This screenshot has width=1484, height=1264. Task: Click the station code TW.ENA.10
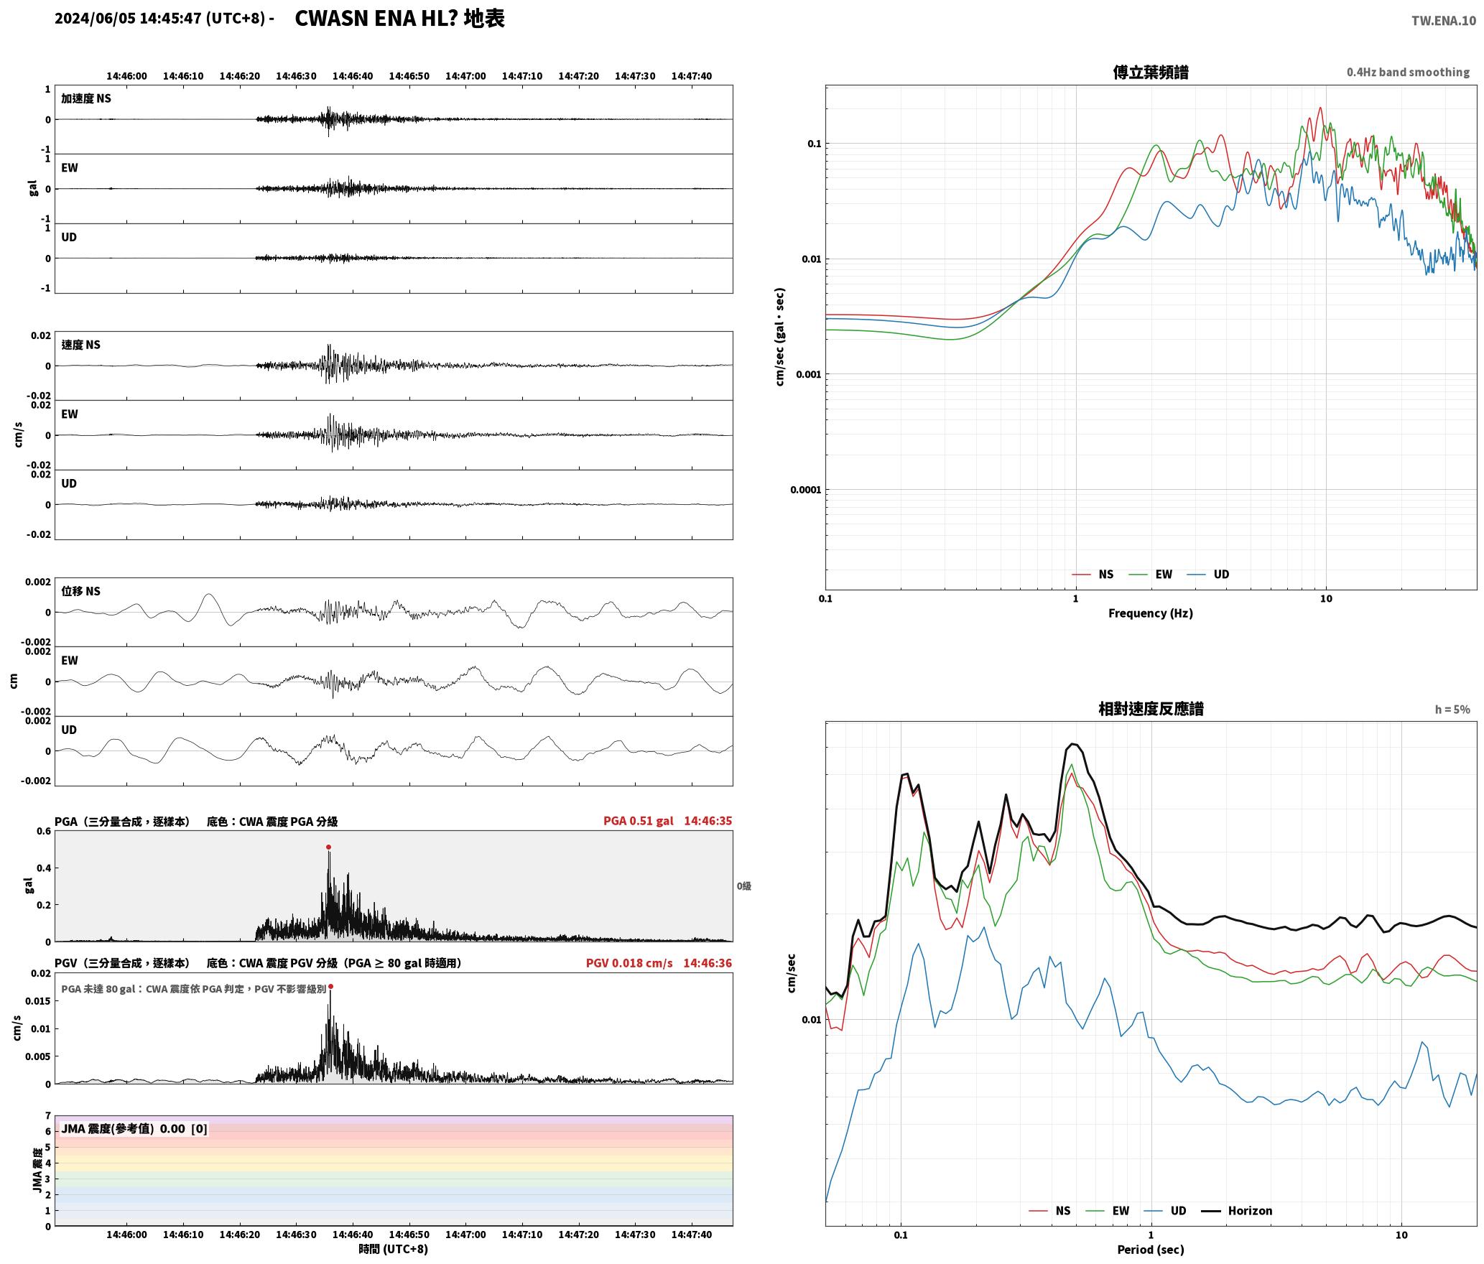click(1444, 21)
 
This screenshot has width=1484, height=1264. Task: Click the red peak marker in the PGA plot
click(328, 847)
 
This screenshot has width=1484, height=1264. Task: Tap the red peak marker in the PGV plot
click(330, 987)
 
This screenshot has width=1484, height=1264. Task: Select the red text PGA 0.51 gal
click(638, 821)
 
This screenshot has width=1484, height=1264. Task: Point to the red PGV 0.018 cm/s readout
click(629, 963)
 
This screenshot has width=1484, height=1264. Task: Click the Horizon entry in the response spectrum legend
click(1250, 1211)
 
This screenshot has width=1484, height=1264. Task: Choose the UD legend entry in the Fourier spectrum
click(1221, 575)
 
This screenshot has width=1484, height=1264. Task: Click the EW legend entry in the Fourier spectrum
click(1164, 575)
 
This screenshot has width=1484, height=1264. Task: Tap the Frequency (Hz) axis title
click(1150, 613)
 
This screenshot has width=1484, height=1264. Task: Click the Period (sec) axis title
click(1150, 1250)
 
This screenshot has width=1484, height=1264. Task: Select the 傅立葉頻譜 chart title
click(1150, 73)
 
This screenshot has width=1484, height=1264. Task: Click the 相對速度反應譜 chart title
click(1151, 709)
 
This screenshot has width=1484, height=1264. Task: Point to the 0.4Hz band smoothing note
click(1408, 73)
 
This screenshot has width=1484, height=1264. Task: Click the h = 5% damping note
click(1452, 710)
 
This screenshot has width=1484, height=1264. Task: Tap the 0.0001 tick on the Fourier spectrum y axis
click(805, 491)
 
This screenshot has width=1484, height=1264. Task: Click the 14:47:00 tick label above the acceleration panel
click(465, 76)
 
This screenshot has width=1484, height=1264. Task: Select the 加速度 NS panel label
click(86, 98)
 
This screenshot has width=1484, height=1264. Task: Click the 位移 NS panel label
click(80, 591)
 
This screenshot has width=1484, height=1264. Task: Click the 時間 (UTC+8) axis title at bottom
click(394, 1250)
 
